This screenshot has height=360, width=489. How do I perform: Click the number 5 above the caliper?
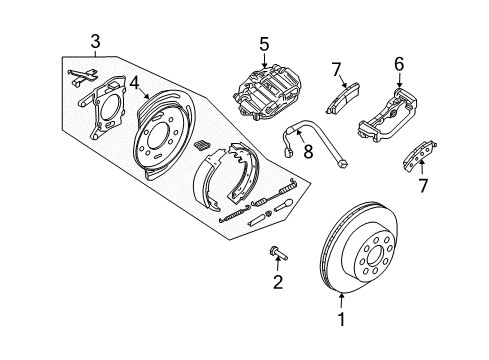click(264, 44)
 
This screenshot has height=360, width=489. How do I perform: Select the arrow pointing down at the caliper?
click(264, 62)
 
